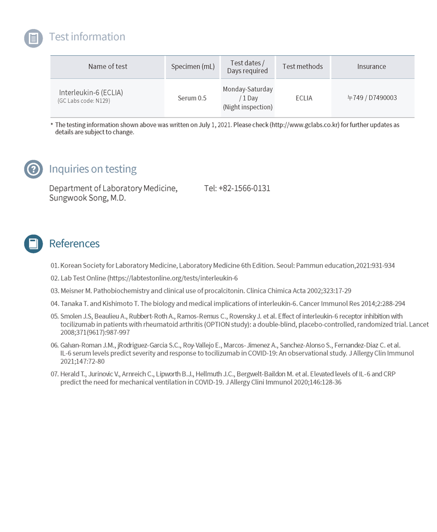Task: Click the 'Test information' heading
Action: point(87,37)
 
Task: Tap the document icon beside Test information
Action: point(33,38)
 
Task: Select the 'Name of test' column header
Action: point(108,67)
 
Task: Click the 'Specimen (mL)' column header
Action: point(193,67)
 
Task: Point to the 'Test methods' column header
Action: point(303,67)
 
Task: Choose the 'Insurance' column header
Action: point(371,67)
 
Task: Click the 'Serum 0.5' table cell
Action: point(192,98)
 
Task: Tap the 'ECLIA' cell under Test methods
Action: point(304,98)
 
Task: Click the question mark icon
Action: point(33,169)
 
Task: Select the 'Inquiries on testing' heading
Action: point(93,169)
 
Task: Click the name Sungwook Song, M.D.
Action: point(87,198)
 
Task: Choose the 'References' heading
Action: point(74,244)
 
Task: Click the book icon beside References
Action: point(33,244)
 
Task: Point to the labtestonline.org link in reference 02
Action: point(172,278)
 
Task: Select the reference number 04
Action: point(54,304)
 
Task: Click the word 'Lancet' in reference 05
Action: point(419,324)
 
